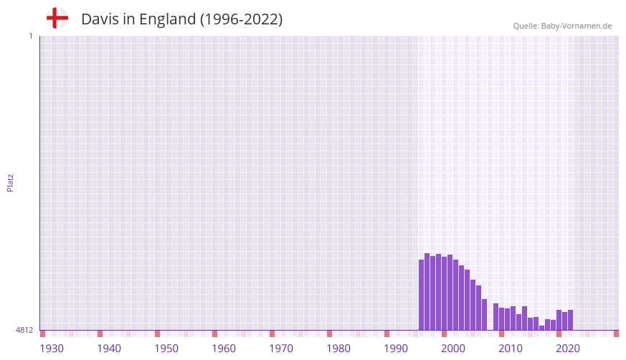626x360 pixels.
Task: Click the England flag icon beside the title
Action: coord(57,19)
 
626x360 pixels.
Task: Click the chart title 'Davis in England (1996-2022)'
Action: coord(181,19)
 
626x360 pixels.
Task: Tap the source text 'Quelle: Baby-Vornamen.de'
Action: coord(562,26)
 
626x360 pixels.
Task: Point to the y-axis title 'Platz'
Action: coord(10,182)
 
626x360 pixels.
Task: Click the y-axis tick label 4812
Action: coord(24,330)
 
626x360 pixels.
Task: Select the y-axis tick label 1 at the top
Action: coord(30,36)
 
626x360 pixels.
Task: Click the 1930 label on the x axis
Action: coord(52,349)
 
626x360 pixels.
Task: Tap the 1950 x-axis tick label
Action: coord(166,349)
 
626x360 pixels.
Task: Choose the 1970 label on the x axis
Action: coord(281,349)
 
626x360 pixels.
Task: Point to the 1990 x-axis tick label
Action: coord(396,349)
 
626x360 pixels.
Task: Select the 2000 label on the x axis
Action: coord(453,349)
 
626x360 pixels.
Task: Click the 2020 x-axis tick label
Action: coord(568,349)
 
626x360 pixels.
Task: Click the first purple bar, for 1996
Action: coord(422,295)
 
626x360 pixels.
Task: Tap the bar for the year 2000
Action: coord(445,293)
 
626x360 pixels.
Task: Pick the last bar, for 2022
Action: coord(571,320)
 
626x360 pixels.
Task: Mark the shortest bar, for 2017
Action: coord(542,328)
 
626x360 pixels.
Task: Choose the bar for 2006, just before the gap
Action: coord(485,315)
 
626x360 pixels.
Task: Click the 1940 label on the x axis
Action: coord(109,349)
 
